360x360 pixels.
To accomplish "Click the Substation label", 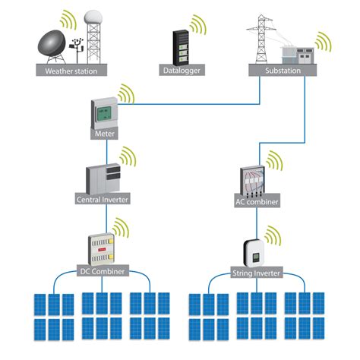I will (x=279, y=71).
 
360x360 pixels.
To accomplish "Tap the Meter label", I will (x=104, y=134).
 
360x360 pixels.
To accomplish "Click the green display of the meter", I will (x=103, y=115).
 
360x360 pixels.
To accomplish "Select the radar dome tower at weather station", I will (x=93, y=34).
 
